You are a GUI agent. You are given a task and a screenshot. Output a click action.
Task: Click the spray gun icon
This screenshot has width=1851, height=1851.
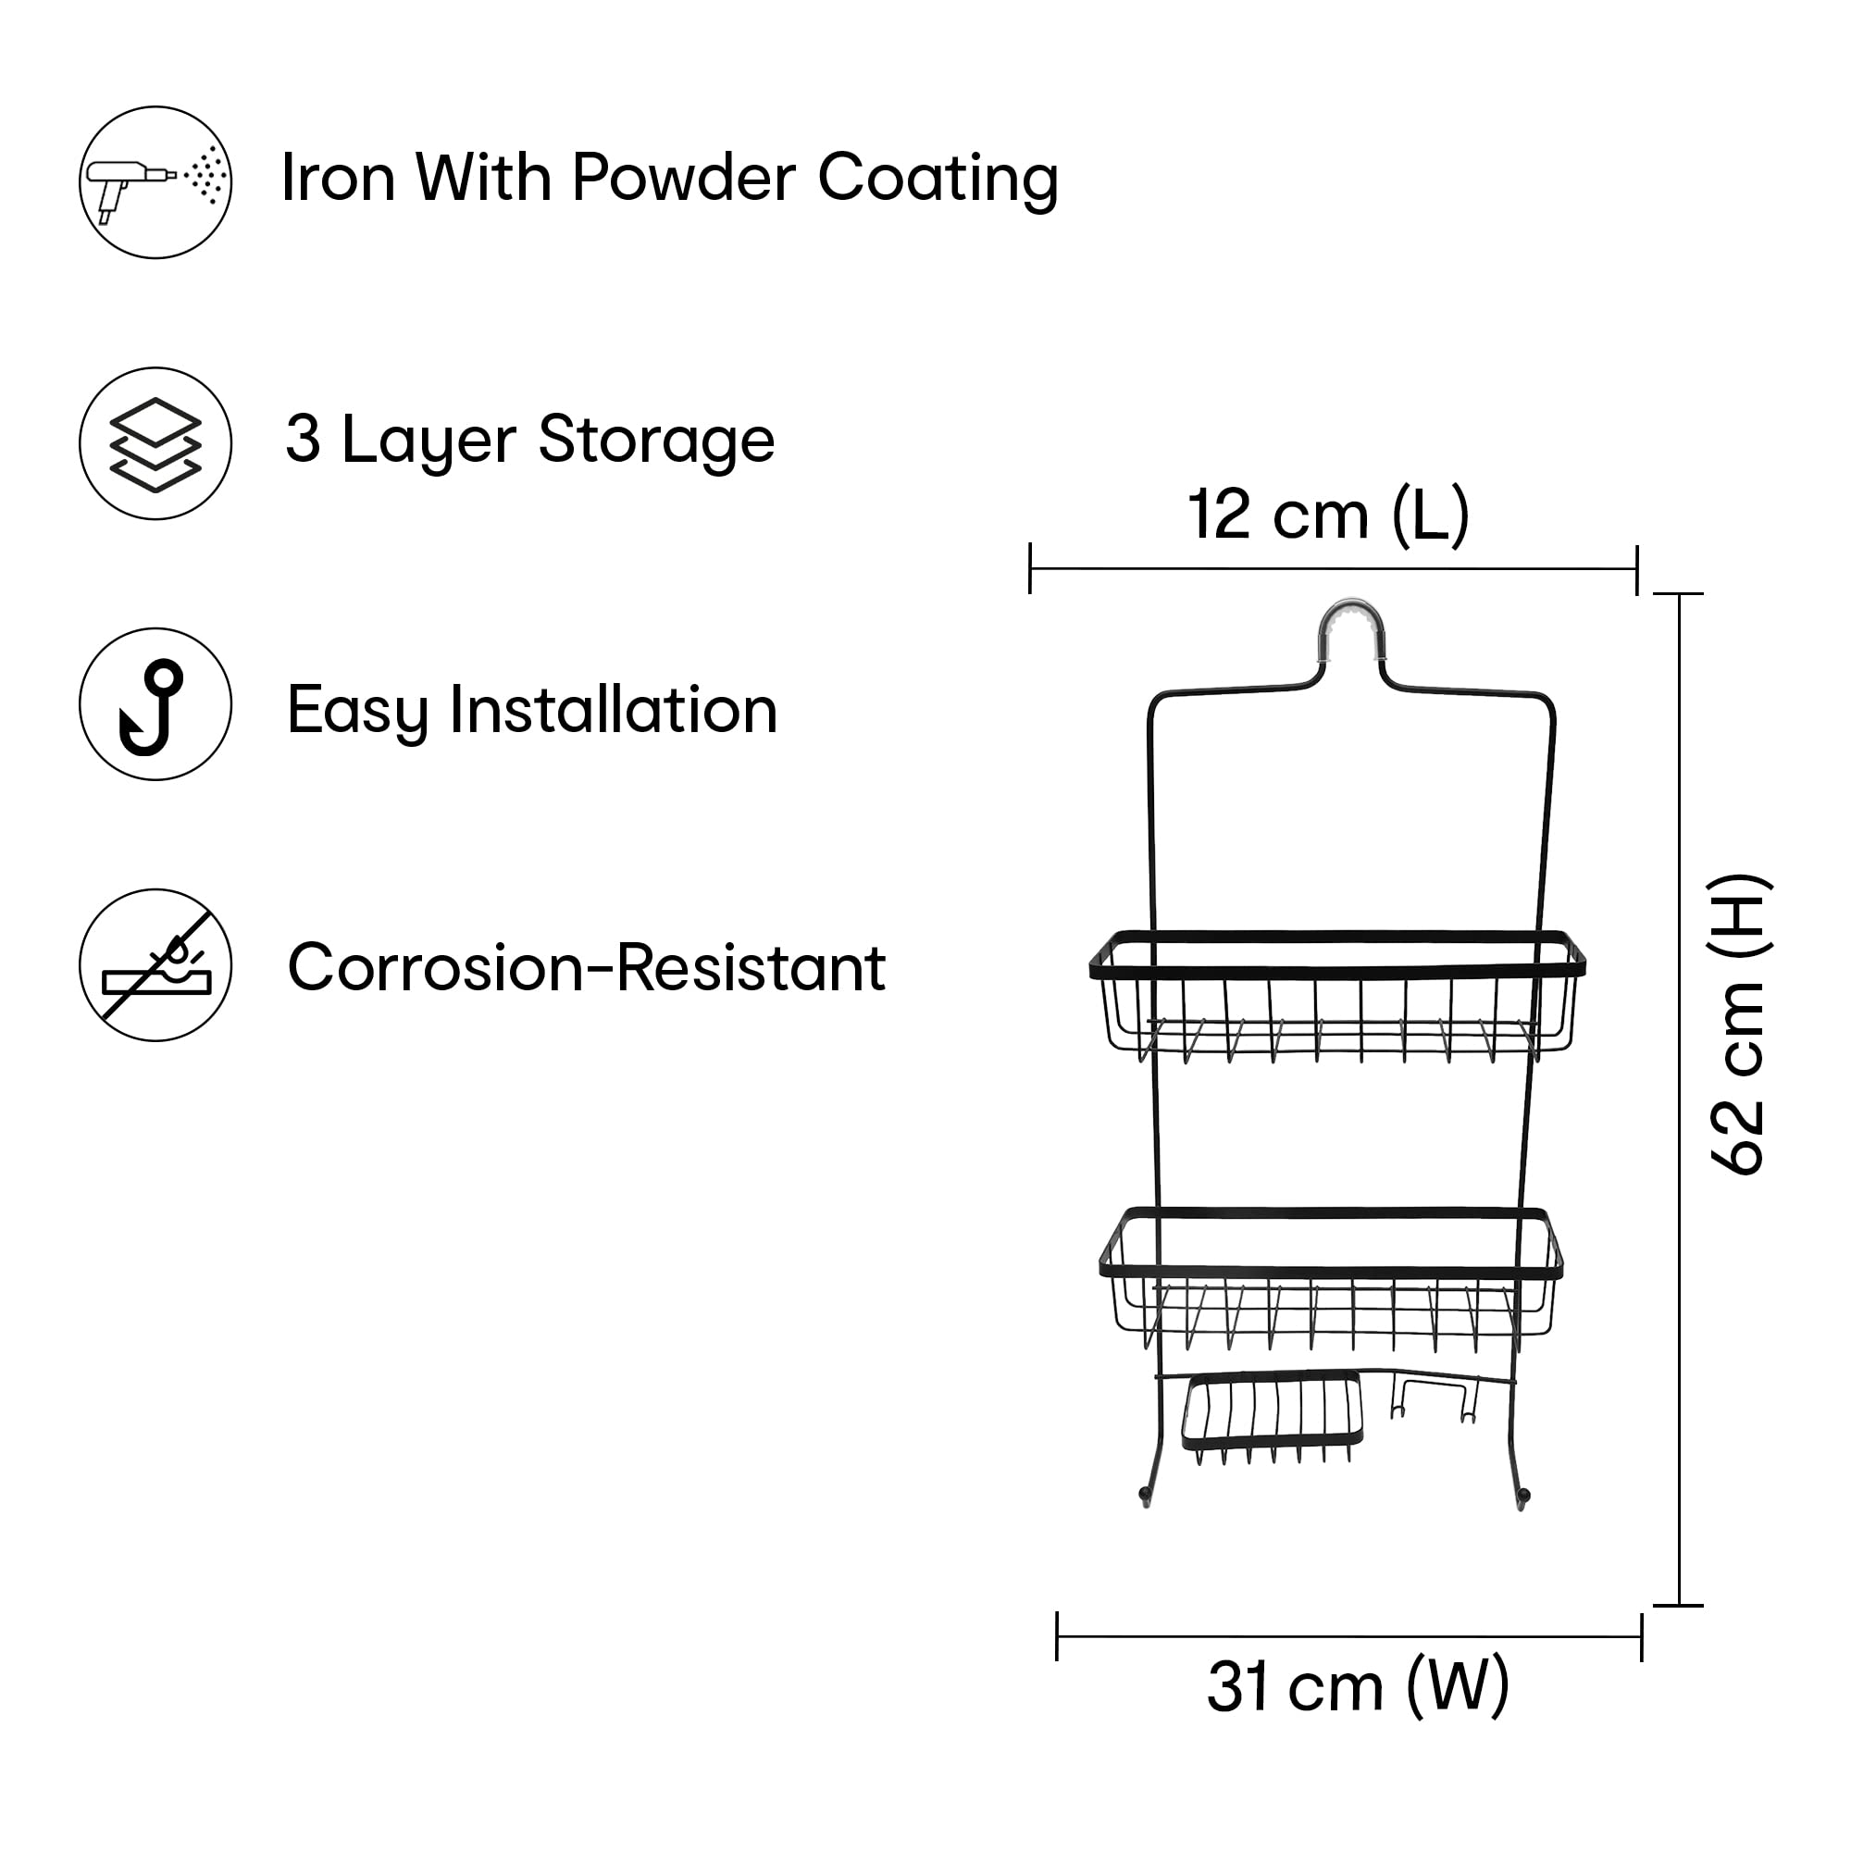pyautogui.click(x=155, y=182)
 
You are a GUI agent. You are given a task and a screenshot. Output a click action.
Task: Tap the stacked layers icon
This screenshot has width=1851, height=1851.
pyautogui.click(x=155, y=443)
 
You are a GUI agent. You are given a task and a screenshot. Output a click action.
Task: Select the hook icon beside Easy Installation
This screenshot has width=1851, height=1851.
pyautogui.click(x=155, y=705)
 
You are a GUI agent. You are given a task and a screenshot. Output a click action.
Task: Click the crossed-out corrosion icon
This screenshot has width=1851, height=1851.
pyautogui.click(x=155, y=965)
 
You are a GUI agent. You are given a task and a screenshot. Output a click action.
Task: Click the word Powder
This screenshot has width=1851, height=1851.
pyautogui.click(x=683, y=179)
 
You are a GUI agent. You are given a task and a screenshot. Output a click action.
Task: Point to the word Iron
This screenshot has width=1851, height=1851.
pyautogui.click(x=338, y=179)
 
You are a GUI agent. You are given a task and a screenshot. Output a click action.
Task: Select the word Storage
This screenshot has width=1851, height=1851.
pyautogui.click(x=656, y=440)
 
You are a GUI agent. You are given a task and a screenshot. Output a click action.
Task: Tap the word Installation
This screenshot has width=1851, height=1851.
pyautogui.click(x=614, y=710)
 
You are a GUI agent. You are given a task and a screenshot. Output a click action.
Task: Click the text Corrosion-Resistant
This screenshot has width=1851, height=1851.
pyautogui.click(x=587, y=968)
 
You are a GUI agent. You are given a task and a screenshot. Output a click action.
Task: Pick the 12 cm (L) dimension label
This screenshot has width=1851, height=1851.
pyautogui.click(x=1328, y=516)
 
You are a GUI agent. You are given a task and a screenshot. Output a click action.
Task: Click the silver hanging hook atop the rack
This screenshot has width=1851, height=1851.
pyautogui.click(x=1352, y=625)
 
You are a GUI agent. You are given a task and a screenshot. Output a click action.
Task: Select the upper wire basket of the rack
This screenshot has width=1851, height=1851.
pyautogui.click(x=1337, y=997)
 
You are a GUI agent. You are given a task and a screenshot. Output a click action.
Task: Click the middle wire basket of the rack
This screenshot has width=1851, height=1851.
pyautogui.click(x=1332, y=1274)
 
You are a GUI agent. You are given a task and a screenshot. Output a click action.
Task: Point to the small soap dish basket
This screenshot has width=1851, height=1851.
pyautogui.click(x=1273, y=1413)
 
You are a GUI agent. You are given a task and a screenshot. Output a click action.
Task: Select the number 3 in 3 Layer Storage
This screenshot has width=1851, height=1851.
pyautogui.click(x=303, y=440)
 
